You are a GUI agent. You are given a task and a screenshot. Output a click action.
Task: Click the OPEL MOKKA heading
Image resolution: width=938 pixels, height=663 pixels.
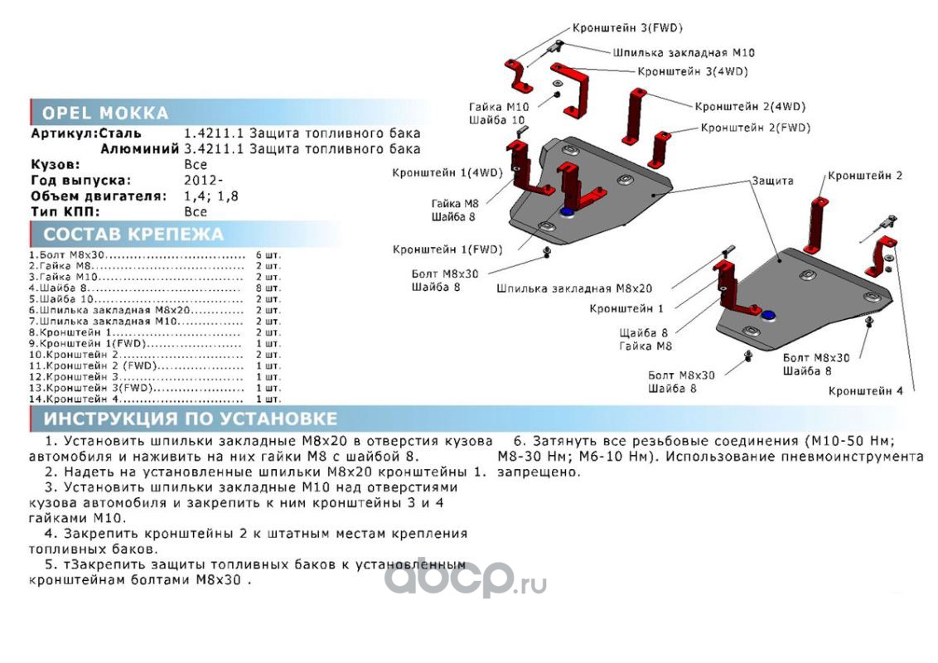pyautogui.click(x=105, y=113)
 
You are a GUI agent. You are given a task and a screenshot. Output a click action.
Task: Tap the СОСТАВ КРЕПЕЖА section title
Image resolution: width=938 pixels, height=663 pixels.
pyautogui.click(x=133, y=234)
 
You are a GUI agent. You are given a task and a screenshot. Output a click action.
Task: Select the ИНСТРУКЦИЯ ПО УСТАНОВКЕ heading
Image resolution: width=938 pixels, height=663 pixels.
pyautogui.click(x=191, y=419)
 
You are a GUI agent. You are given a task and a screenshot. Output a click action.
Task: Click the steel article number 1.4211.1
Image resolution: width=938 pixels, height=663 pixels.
pyautogui.click(x=214, y=133)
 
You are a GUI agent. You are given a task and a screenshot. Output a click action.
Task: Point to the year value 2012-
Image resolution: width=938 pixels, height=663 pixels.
pyautogui.click(x=203, y=180)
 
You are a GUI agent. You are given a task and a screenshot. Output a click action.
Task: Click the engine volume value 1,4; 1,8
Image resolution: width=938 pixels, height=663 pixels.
pyautogui.click(x=210, y=196)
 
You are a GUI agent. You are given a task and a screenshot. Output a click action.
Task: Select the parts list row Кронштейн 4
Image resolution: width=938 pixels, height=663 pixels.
pyautogui.click(x=155, y=399)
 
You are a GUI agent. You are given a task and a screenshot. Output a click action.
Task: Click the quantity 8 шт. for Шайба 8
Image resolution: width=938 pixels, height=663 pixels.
pyautogui.click(x=268, y=288)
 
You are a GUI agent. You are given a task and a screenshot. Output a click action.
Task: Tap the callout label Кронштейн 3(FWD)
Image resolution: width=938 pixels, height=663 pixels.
pyautogui.click(x=627, y=27)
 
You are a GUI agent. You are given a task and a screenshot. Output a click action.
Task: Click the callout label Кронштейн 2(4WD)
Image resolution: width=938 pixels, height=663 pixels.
pyautogui.click(x=750, y=107)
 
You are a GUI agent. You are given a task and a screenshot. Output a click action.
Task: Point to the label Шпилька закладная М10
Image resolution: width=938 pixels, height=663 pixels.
pyautogui.click(x=683, y=53)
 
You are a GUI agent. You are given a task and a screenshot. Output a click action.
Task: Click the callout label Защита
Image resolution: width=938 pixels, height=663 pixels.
pyautogui.click(x=772, y=180)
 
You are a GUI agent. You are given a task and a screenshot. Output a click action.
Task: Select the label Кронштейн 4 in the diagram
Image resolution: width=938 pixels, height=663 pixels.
pyautogui.click(x=865, y=390)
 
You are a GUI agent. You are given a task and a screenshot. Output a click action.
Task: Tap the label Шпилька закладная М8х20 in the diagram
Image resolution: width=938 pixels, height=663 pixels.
pyautogui.click(x=574, y=288)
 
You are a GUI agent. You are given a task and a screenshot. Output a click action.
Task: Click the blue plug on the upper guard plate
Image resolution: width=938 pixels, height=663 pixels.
pyautogui.click(x=566, y=212)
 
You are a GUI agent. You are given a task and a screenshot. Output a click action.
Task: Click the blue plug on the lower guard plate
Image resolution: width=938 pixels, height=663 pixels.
pyautogui.click(x=768, y=315)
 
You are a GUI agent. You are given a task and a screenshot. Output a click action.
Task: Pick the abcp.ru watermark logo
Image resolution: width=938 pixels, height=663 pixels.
pyautogui.click(x=465, y=578)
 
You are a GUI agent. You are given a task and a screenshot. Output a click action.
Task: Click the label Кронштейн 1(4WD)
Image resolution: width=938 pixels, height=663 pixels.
pyautogui.click(x=447, y=173)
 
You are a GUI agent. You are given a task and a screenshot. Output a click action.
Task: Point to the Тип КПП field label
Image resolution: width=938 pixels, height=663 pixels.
pyautogui.click(x=65, y=211)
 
